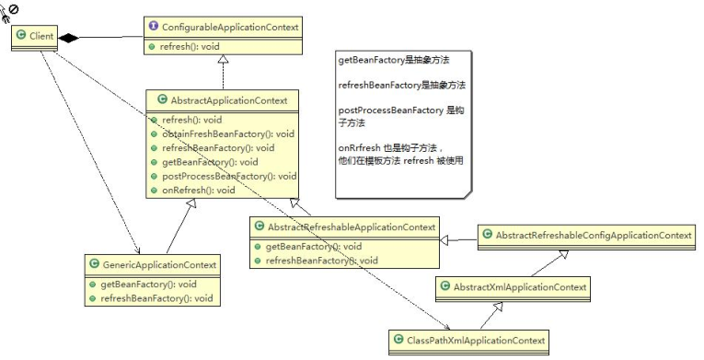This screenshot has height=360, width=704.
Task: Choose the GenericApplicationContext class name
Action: [x=159, y=265]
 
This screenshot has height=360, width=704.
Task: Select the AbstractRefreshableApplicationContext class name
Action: [x=351, y=226]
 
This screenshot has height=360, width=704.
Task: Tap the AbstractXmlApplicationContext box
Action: [x=512, y=288]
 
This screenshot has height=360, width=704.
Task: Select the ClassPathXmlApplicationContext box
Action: [x=469, y=341]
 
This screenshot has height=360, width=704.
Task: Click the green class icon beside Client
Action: [x=21, y=37]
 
